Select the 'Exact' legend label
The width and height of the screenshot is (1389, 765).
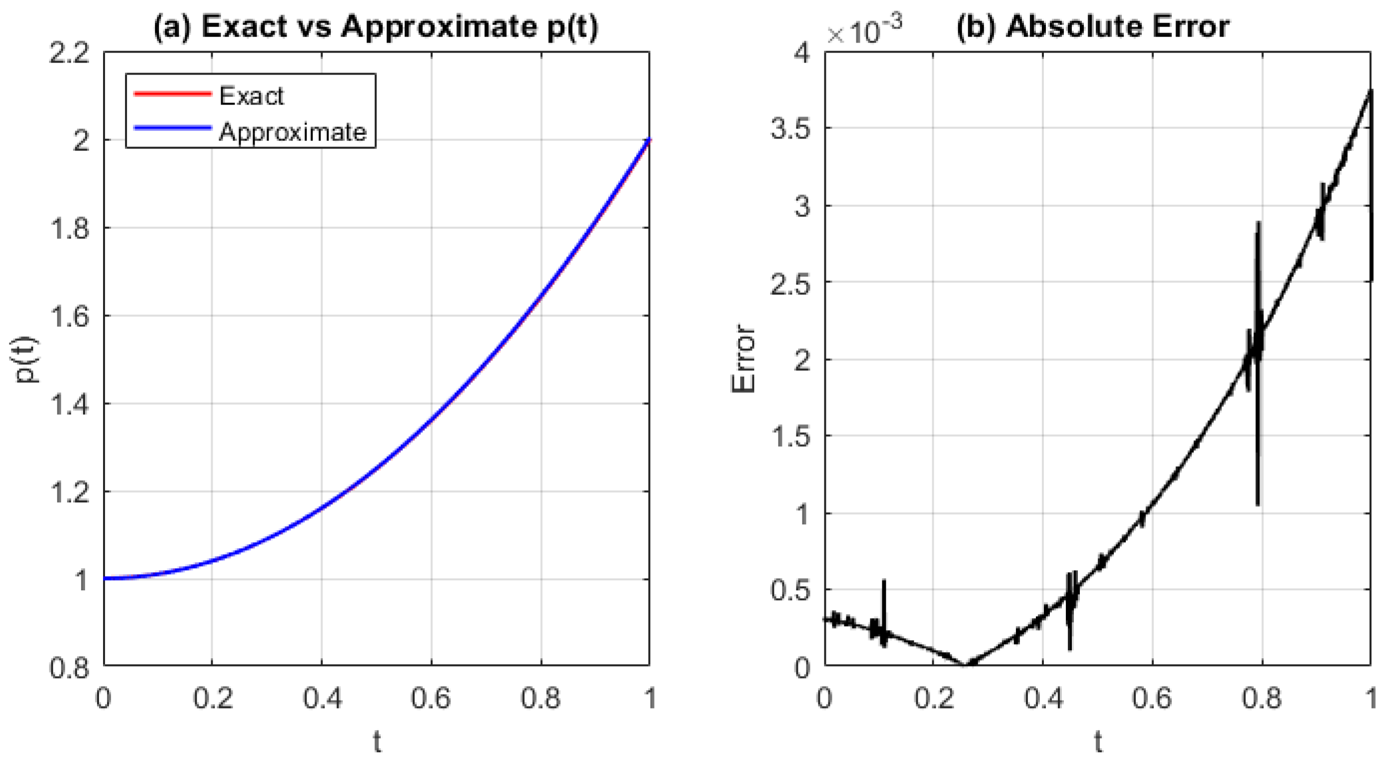251,96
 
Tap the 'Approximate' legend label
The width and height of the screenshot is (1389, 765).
292,132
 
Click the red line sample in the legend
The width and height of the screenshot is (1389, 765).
173,94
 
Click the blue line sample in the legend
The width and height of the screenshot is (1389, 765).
173,129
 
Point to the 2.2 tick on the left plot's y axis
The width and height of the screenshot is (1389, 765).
70,54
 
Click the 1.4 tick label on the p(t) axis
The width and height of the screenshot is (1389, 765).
70,405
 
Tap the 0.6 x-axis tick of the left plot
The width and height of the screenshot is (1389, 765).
430,698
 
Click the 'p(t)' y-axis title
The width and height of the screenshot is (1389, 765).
27,360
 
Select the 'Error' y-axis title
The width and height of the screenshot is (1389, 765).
744,359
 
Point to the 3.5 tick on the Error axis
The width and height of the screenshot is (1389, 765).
790,130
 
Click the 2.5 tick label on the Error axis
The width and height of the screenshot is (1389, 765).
790,283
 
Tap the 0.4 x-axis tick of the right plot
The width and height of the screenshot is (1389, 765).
1043,698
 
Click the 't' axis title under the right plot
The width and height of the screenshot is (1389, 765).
1098,742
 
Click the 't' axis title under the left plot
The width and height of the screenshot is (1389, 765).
377,742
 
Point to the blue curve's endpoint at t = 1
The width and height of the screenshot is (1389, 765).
649,140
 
